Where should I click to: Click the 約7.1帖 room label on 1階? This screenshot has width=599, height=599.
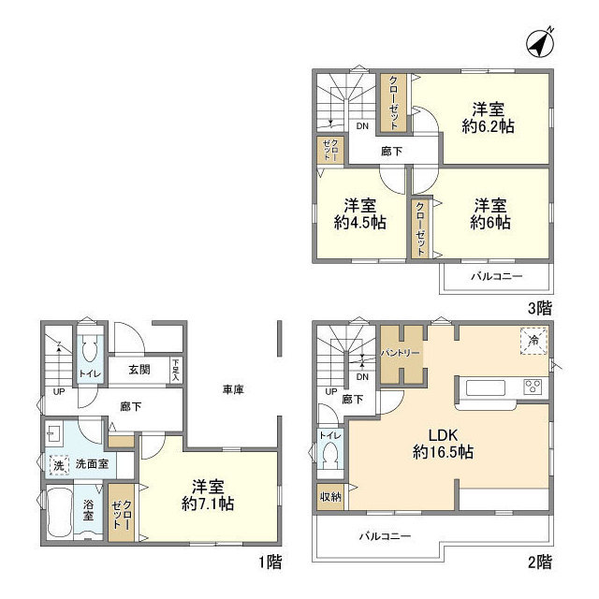tap(208, 503)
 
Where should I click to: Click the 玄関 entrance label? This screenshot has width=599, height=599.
tap(140, 370)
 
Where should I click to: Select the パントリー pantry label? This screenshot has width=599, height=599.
tap(402, 353)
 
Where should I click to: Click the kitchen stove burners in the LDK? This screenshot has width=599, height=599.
tap(533, 386)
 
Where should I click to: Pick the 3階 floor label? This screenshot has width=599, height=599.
tap(536, 306)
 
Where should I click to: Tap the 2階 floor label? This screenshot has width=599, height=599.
tap(539, 562)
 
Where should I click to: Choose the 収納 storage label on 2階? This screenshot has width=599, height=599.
tap(330, 496)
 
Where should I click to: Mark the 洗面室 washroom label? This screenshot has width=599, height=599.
tap(93, 463)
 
